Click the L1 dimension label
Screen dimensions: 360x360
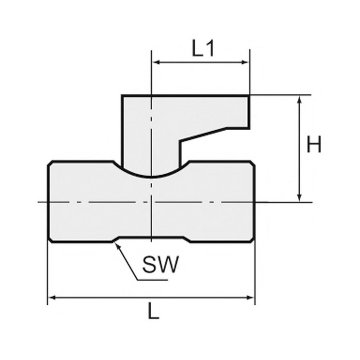coord(203,49)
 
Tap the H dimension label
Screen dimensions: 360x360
coord(314,144)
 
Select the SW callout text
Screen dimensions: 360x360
coord(160,264)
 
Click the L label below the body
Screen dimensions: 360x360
coord(153,311)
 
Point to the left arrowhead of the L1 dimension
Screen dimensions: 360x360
coord(156,62)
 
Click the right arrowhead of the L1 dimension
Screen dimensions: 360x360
coord(245,62)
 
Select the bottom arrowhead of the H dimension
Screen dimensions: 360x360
coord(299,197)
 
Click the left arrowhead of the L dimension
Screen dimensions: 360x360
coord(53,298)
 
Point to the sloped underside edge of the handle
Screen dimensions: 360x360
coord(203,134)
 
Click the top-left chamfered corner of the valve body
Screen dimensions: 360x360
coord(50,163)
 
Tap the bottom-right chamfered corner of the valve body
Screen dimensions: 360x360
coord(252,240)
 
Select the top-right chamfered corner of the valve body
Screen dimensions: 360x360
coord(252,163)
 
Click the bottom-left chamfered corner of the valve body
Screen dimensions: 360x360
coord(50,240)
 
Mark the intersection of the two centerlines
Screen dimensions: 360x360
coord(151,202)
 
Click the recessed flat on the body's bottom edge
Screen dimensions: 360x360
coord(151,237)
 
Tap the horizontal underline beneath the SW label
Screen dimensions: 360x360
coord(152,280)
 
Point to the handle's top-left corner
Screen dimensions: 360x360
coord(122,96)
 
